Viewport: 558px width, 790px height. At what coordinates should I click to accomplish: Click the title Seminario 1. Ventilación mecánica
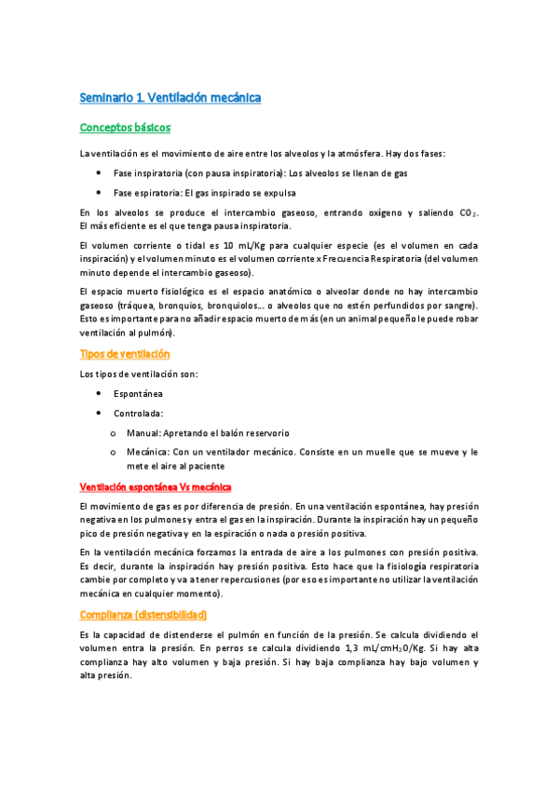[x=170, y=98]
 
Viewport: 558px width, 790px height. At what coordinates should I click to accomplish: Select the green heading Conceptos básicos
[x=125, y=128]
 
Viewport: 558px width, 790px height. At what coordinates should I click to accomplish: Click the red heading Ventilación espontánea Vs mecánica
[x=156, y=487]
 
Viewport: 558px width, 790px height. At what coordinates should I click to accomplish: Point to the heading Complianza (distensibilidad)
[x=143, y=615]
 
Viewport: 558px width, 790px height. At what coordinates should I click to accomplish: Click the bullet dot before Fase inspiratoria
[x=100, y=174]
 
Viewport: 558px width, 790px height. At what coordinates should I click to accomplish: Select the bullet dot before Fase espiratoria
[x=100, y=194]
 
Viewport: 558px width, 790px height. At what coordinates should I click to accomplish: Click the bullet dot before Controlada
[x=100, y=414]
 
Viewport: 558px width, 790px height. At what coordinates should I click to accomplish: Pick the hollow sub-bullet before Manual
[x=113, y=433]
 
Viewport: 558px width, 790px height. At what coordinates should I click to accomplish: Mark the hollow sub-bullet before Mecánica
[x=113, y=453]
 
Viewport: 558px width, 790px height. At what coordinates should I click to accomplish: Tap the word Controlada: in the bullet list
[x=140, y=414]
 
